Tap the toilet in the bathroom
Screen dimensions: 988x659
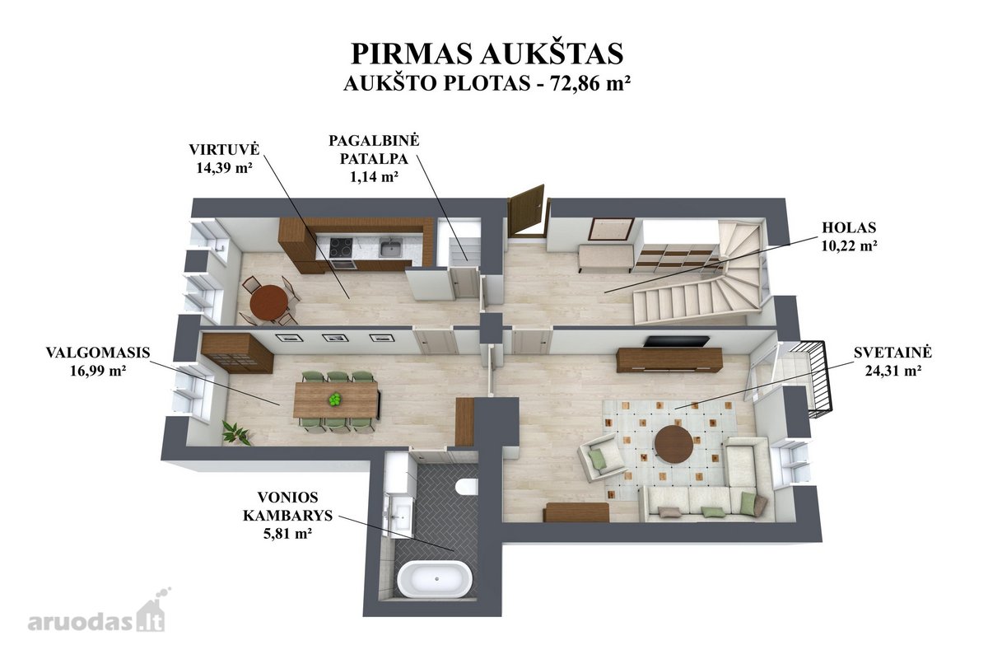click(x=468, y=487)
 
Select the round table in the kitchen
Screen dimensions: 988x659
click(x=268, y=302)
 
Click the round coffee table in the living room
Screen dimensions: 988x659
click(x=673, y=444)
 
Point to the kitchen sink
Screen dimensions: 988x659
click(x=391, y=248)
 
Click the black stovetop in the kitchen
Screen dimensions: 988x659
click(x=342, y=247)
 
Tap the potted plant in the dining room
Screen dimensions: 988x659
click(x=237, y=432)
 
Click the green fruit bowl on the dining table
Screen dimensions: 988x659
click(x=335, y=400)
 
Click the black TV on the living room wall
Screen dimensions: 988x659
click(x=676, y=341)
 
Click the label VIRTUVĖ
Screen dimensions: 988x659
click(x=224, y=150)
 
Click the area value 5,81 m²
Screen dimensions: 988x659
click(x=287, y=534)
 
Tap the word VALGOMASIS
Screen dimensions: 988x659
click(x=98, y=353)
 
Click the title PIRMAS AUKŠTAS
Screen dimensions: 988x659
click(x=487, y=54)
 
